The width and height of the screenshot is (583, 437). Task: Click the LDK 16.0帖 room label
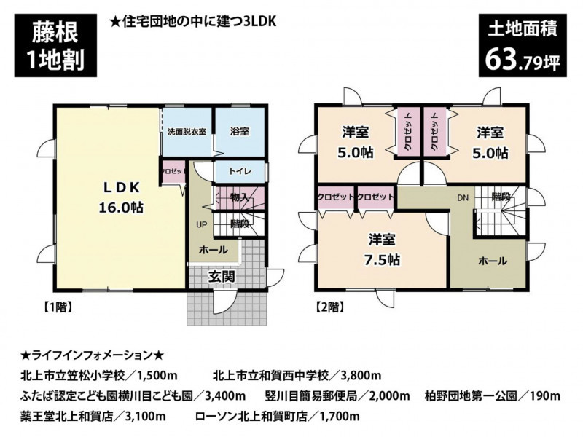(121, 197)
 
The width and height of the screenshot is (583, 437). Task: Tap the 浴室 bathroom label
(240, 131)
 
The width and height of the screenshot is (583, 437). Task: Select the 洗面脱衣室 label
(187, 132)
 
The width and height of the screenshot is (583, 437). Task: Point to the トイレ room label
(240, 171)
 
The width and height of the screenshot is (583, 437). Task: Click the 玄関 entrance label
(222, 276)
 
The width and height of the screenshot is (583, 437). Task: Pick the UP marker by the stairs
(202, 224)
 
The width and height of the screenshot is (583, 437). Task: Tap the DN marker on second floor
(463, 198)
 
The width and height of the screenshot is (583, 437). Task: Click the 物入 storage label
(239, 197)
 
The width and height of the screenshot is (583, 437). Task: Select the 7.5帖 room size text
(382, 260)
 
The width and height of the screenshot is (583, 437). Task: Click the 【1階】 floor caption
(56, 307)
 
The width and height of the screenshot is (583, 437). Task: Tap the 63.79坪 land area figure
(523, 60)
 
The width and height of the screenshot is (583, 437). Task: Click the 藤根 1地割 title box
(55, 45)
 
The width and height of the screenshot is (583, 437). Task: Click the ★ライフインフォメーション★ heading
(93, 355)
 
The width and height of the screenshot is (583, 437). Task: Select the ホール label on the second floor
(493, 261)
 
